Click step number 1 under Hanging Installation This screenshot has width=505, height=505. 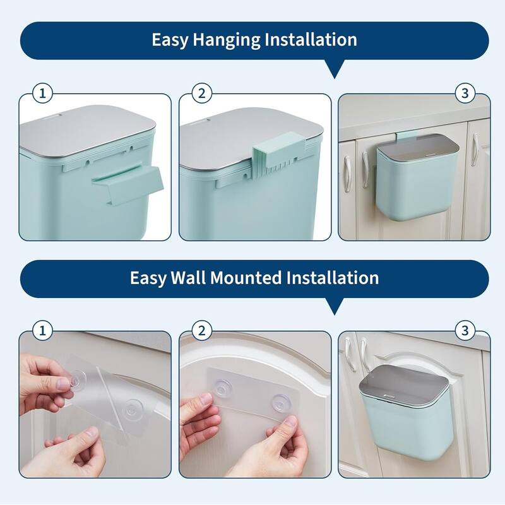click(43, 93)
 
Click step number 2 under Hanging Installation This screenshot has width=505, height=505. click(202, 93)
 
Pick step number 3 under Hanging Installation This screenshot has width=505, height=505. click(465, 93)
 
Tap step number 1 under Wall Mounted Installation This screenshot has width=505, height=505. click(43, 330)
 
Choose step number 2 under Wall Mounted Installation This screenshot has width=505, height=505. click(202, 330)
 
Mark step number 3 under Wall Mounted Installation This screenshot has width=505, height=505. click(465, 330)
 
